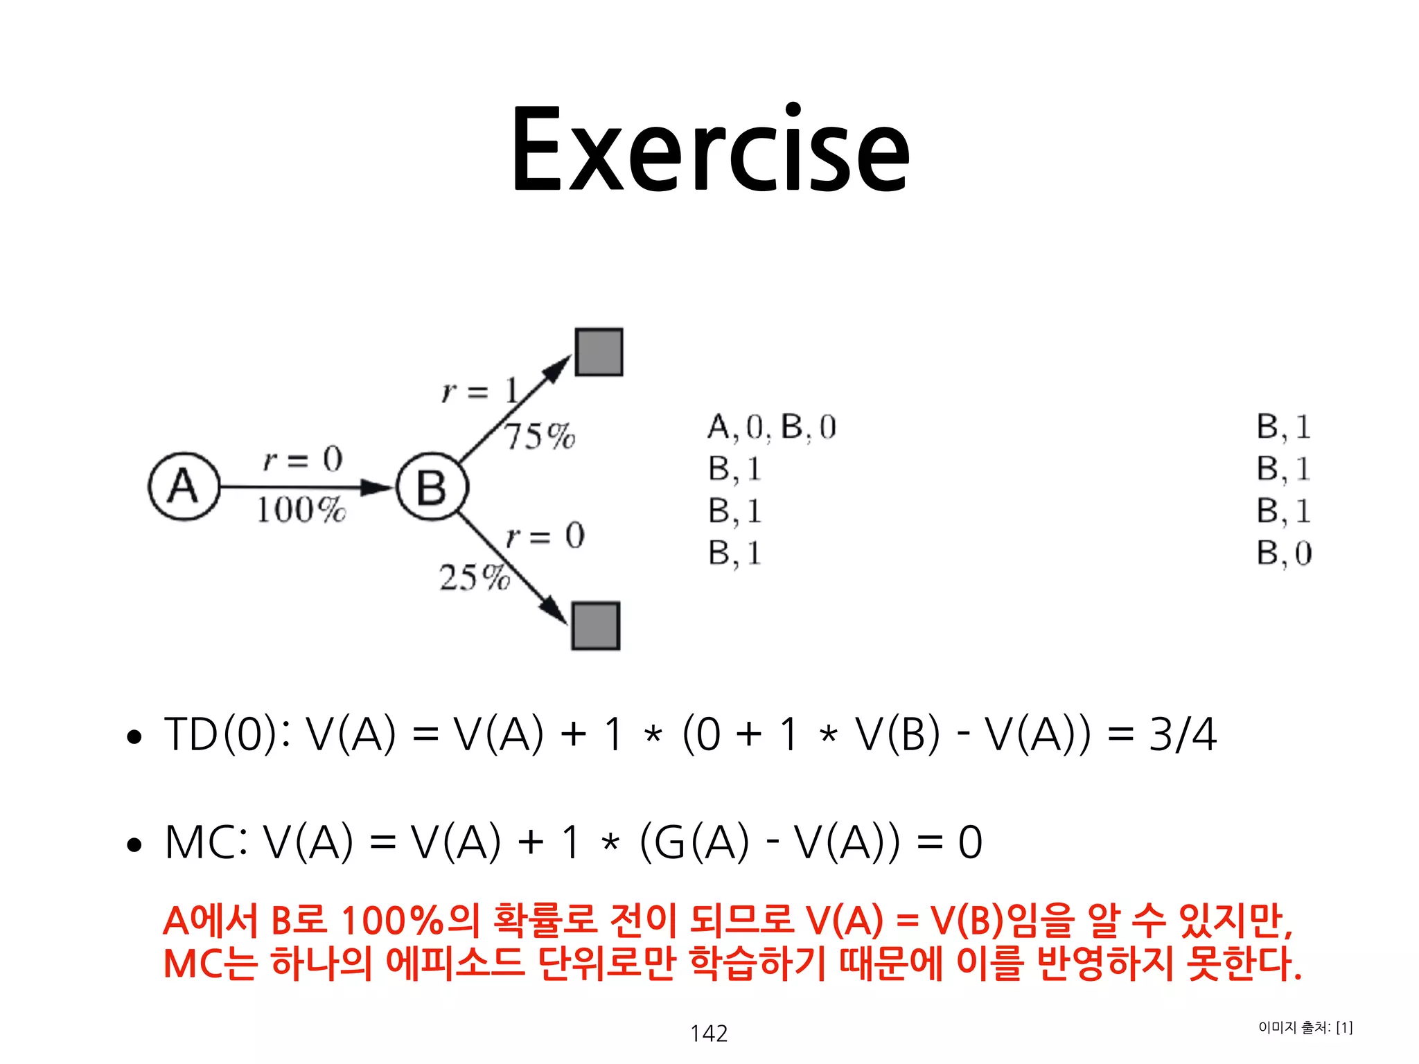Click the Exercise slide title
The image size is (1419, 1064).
pos(709,149)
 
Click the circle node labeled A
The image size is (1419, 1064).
pos(184,486)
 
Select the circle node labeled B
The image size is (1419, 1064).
pos(432,486)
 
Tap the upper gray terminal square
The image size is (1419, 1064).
pos(599,352)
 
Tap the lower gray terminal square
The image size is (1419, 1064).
pos(596,626)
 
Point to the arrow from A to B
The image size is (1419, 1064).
pos(305,487)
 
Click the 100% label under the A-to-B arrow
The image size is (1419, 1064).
pos(301,511)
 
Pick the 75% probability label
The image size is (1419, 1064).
pos(539,436)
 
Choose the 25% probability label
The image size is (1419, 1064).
pos(474,577)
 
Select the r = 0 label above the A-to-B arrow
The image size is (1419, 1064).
pos(303,459)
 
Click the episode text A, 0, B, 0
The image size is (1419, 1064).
pos(771,427)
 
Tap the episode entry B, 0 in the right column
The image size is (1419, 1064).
pos(1284,553)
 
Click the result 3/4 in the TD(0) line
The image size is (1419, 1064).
pos(1182,734)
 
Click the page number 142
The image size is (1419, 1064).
pos(709,1034)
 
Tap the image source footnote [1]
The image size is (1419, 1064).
pos(1343,1027)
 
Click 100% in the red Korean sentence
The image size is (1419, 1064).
pos(391,921)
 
